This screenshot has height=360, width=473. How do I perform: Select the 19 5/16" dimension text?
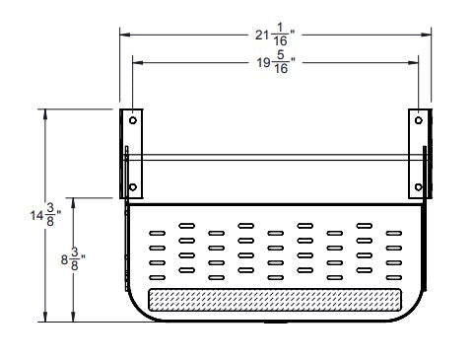pyautogui.click(x=274, y=64)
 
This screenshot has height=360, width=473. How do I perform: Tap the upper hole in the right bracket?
pyautogui.click(x=420, y=120)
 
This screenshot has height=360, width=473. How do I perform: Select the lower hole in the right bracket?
pyautogui.click(x=420, y=186)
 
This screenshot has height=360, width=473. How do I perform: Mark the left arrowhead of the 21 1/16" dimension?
pyautogui.click(x=124, y=35)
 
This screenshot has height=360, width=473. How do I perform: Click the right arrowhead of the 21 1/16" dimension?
pyautogui.click(x=429, y=35)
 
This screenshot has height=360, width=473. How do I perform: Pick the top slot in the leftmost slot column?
pyautogui.click(x=155, y=234)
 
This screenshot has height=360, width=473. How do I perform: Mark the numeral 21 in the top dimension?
pyautogui.click(x=262, y=36)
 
